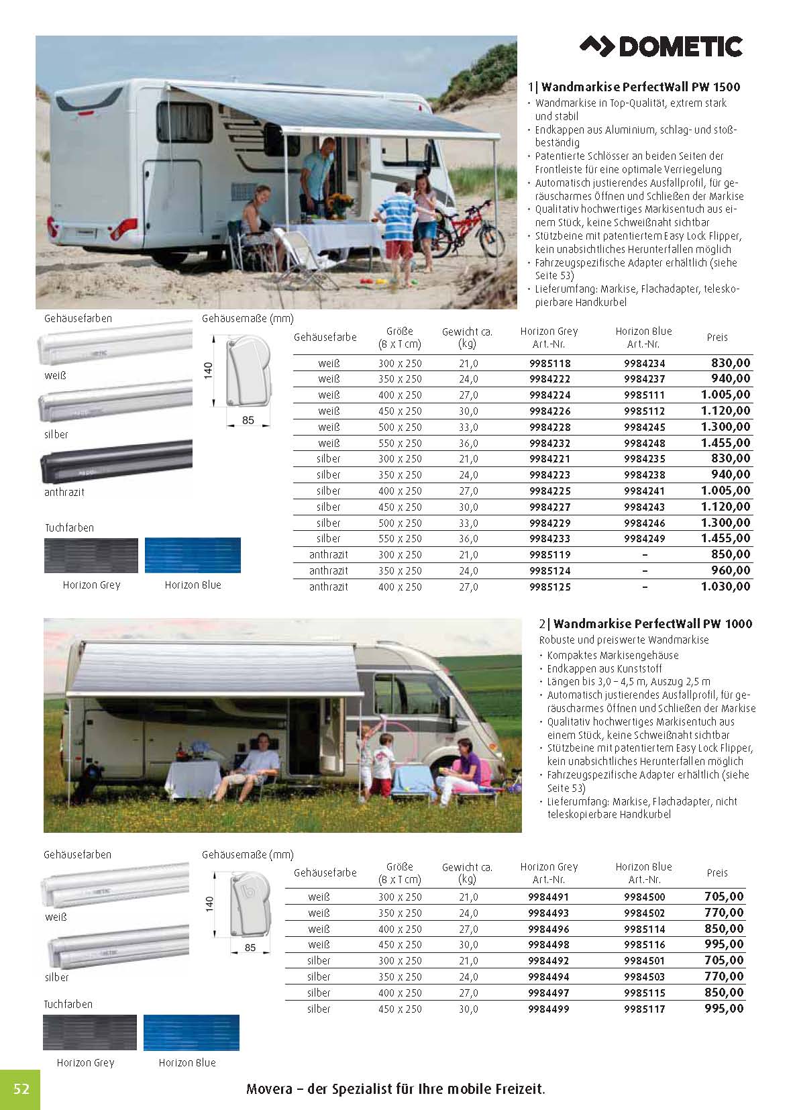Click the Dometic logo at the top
(x=662, y=46)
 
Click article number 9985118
(x=549, y=363)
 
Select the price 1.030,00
(x=725, y=587)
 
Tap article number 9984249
(x=644, y=539)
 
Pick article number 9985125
(x=549, y=587)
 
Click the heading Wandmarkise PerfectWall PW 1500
(x=641, y=87)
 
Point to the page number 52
(x=21, y=1088)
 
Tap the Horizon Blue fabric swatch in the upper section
(x=193, y=555)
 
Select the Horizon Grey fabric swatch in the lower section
(x=90, y=1033)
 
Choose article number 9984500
(x=644, y=897)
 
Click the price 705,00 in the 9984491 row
(x=724, y=897)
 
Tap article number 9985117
(x=644, y=1009)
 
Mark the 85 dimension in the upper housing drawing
(x=248, y=421)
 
